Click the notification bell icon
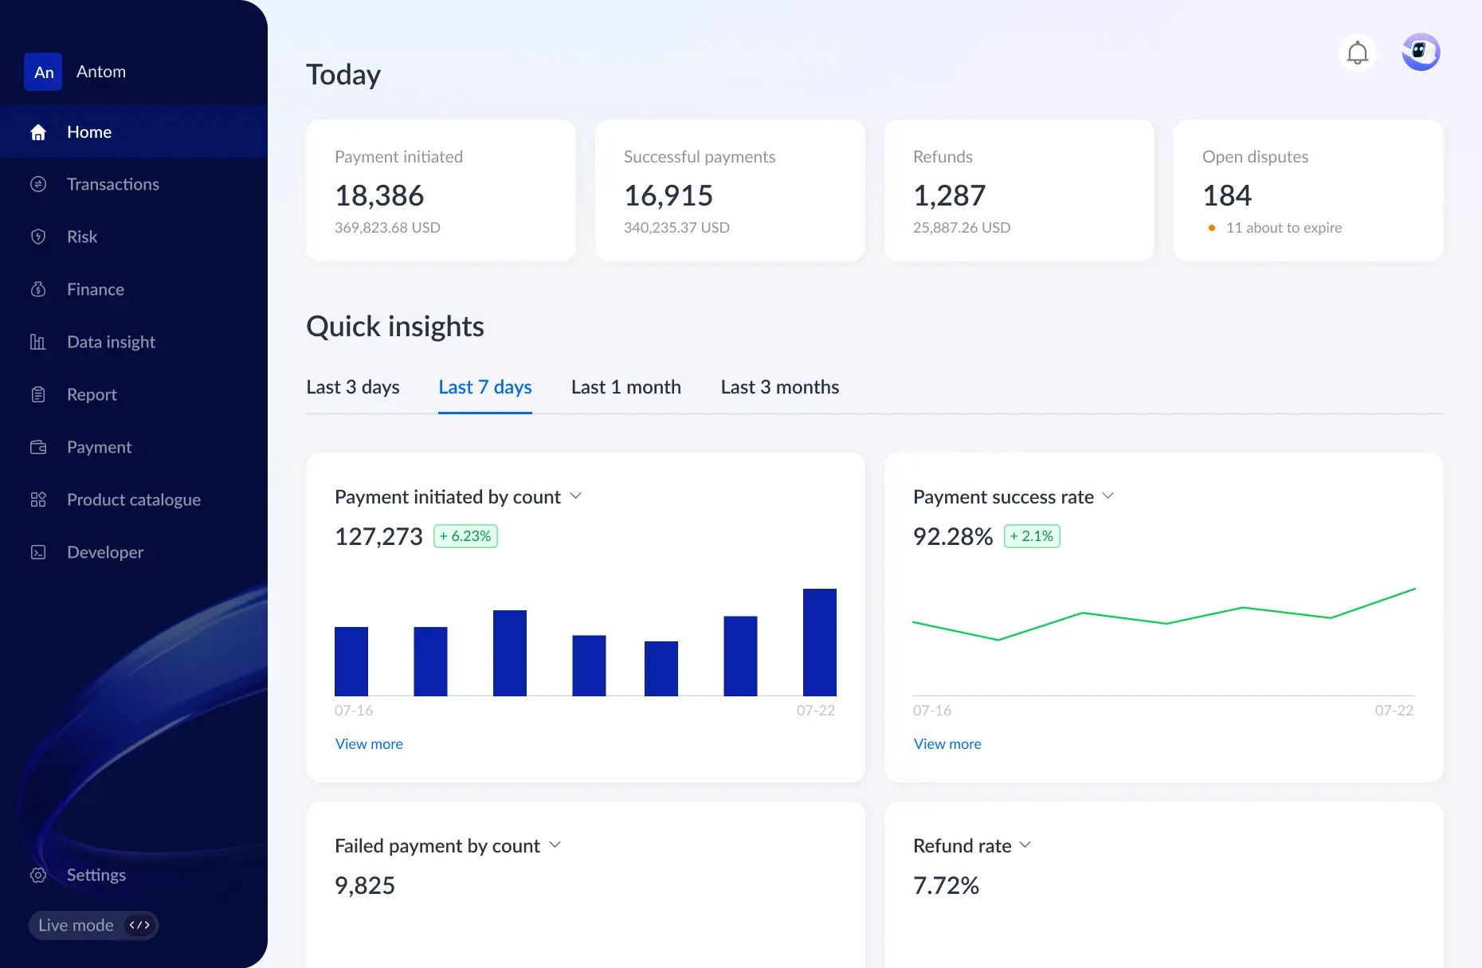(1357, 53)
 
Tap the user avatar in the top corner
(1421, 53)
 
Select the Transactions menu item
(112, 184)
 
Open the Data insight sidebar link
(111, 342)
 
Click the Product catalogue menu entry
(133, 500)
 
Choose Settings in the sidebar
(96, 875)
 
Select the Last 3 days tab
(353, 387)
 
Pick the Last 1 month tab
(625, 387)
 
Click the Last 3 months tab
(779, 387)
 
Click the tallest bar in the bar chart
(819, 642)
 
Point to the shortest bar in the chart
(661, 668)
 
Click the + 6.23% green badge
(465, 536)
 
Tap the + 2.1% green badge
(1032, 536)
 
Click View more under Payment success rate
(947, 743)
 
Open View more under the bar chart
(369, 743)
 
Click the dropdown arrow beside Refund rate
(1025, 845)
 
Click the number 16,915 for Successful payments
(668, 196)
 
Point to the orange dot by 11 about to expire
(1212, 228)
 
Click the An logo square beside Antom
(43, 72)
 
